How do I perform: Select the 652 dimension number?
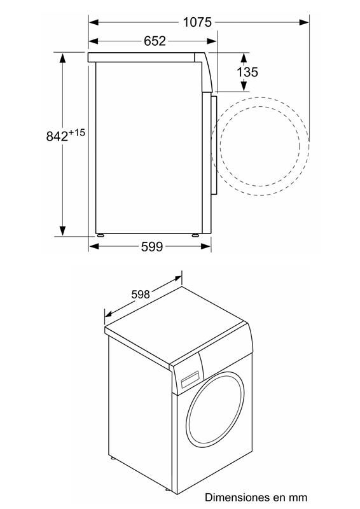click(x=154, y=41)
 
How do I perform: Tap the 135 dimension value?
click(x=247, y=72)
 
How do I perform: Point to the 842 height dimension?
click(x=57, y=136)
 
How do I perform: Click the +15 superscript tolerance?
click(x=77, y=132)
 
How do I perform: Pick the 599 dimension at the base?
click(x=152, y=246)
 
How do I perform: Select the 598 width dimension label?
click(x=140, y=294)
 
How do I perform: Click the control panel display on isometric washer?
click(x=189, y=380)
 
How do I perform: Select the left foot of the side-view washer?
click(x=101, y=235)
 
